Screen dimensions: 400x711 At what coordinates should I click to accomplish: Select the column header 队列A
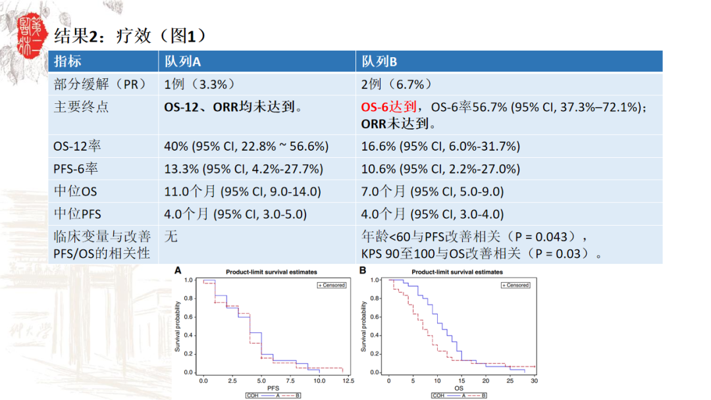(182, 62)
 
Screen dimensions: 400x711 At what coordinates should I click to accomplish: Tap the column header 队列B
(379, 62)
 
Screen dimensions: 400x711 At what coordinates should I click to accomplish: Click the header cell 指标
(68, 62)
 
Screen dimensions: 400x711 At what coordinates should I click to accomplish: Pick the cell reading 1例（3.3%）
(199, 84)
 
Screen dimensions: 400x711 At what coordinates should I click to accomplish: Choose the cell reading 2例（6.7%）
(396, 84)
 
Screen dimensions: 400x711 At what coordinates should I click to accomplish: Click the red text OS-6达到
(389, 107)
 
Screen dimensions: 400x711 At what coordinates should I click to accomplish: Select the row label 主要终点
(81, 107)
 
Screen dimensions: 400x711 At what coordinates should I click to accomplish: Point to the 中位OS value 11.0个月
(191, 191)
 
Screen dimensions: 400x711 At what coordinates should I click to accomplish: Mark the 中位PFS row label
(77, 214)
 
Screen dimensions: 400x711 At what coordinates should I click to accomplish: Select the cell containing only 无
(171, 236)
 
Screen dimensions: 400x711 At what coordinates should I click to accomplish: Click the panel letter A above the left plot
(177, 270)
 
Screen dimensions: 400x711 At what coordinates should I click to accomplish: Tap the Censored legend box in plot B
(515, 285)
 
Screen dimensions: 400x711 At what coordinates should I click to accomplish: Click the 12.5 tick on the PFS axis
(348, 380)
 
